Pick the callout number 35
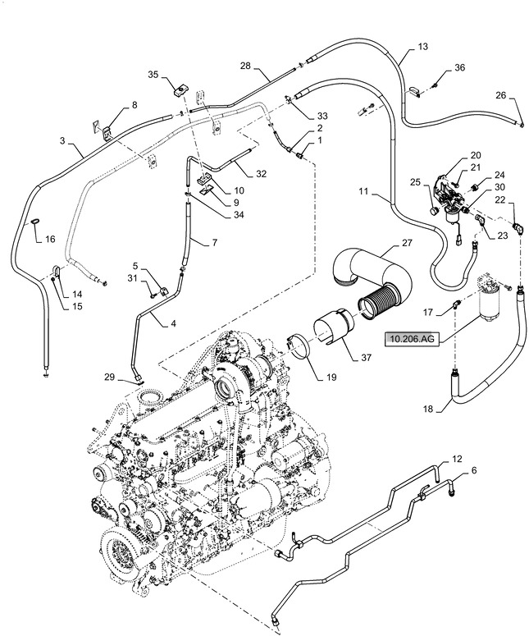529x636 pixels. [x=153, y=75]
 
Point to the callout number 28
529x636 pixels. [x=244, y=66]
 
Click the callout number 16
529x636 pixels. [x=50, y=240]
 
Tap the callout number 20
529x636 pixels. [x=476, y=155]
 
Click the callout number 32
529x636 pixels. [x=261, y=174]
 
